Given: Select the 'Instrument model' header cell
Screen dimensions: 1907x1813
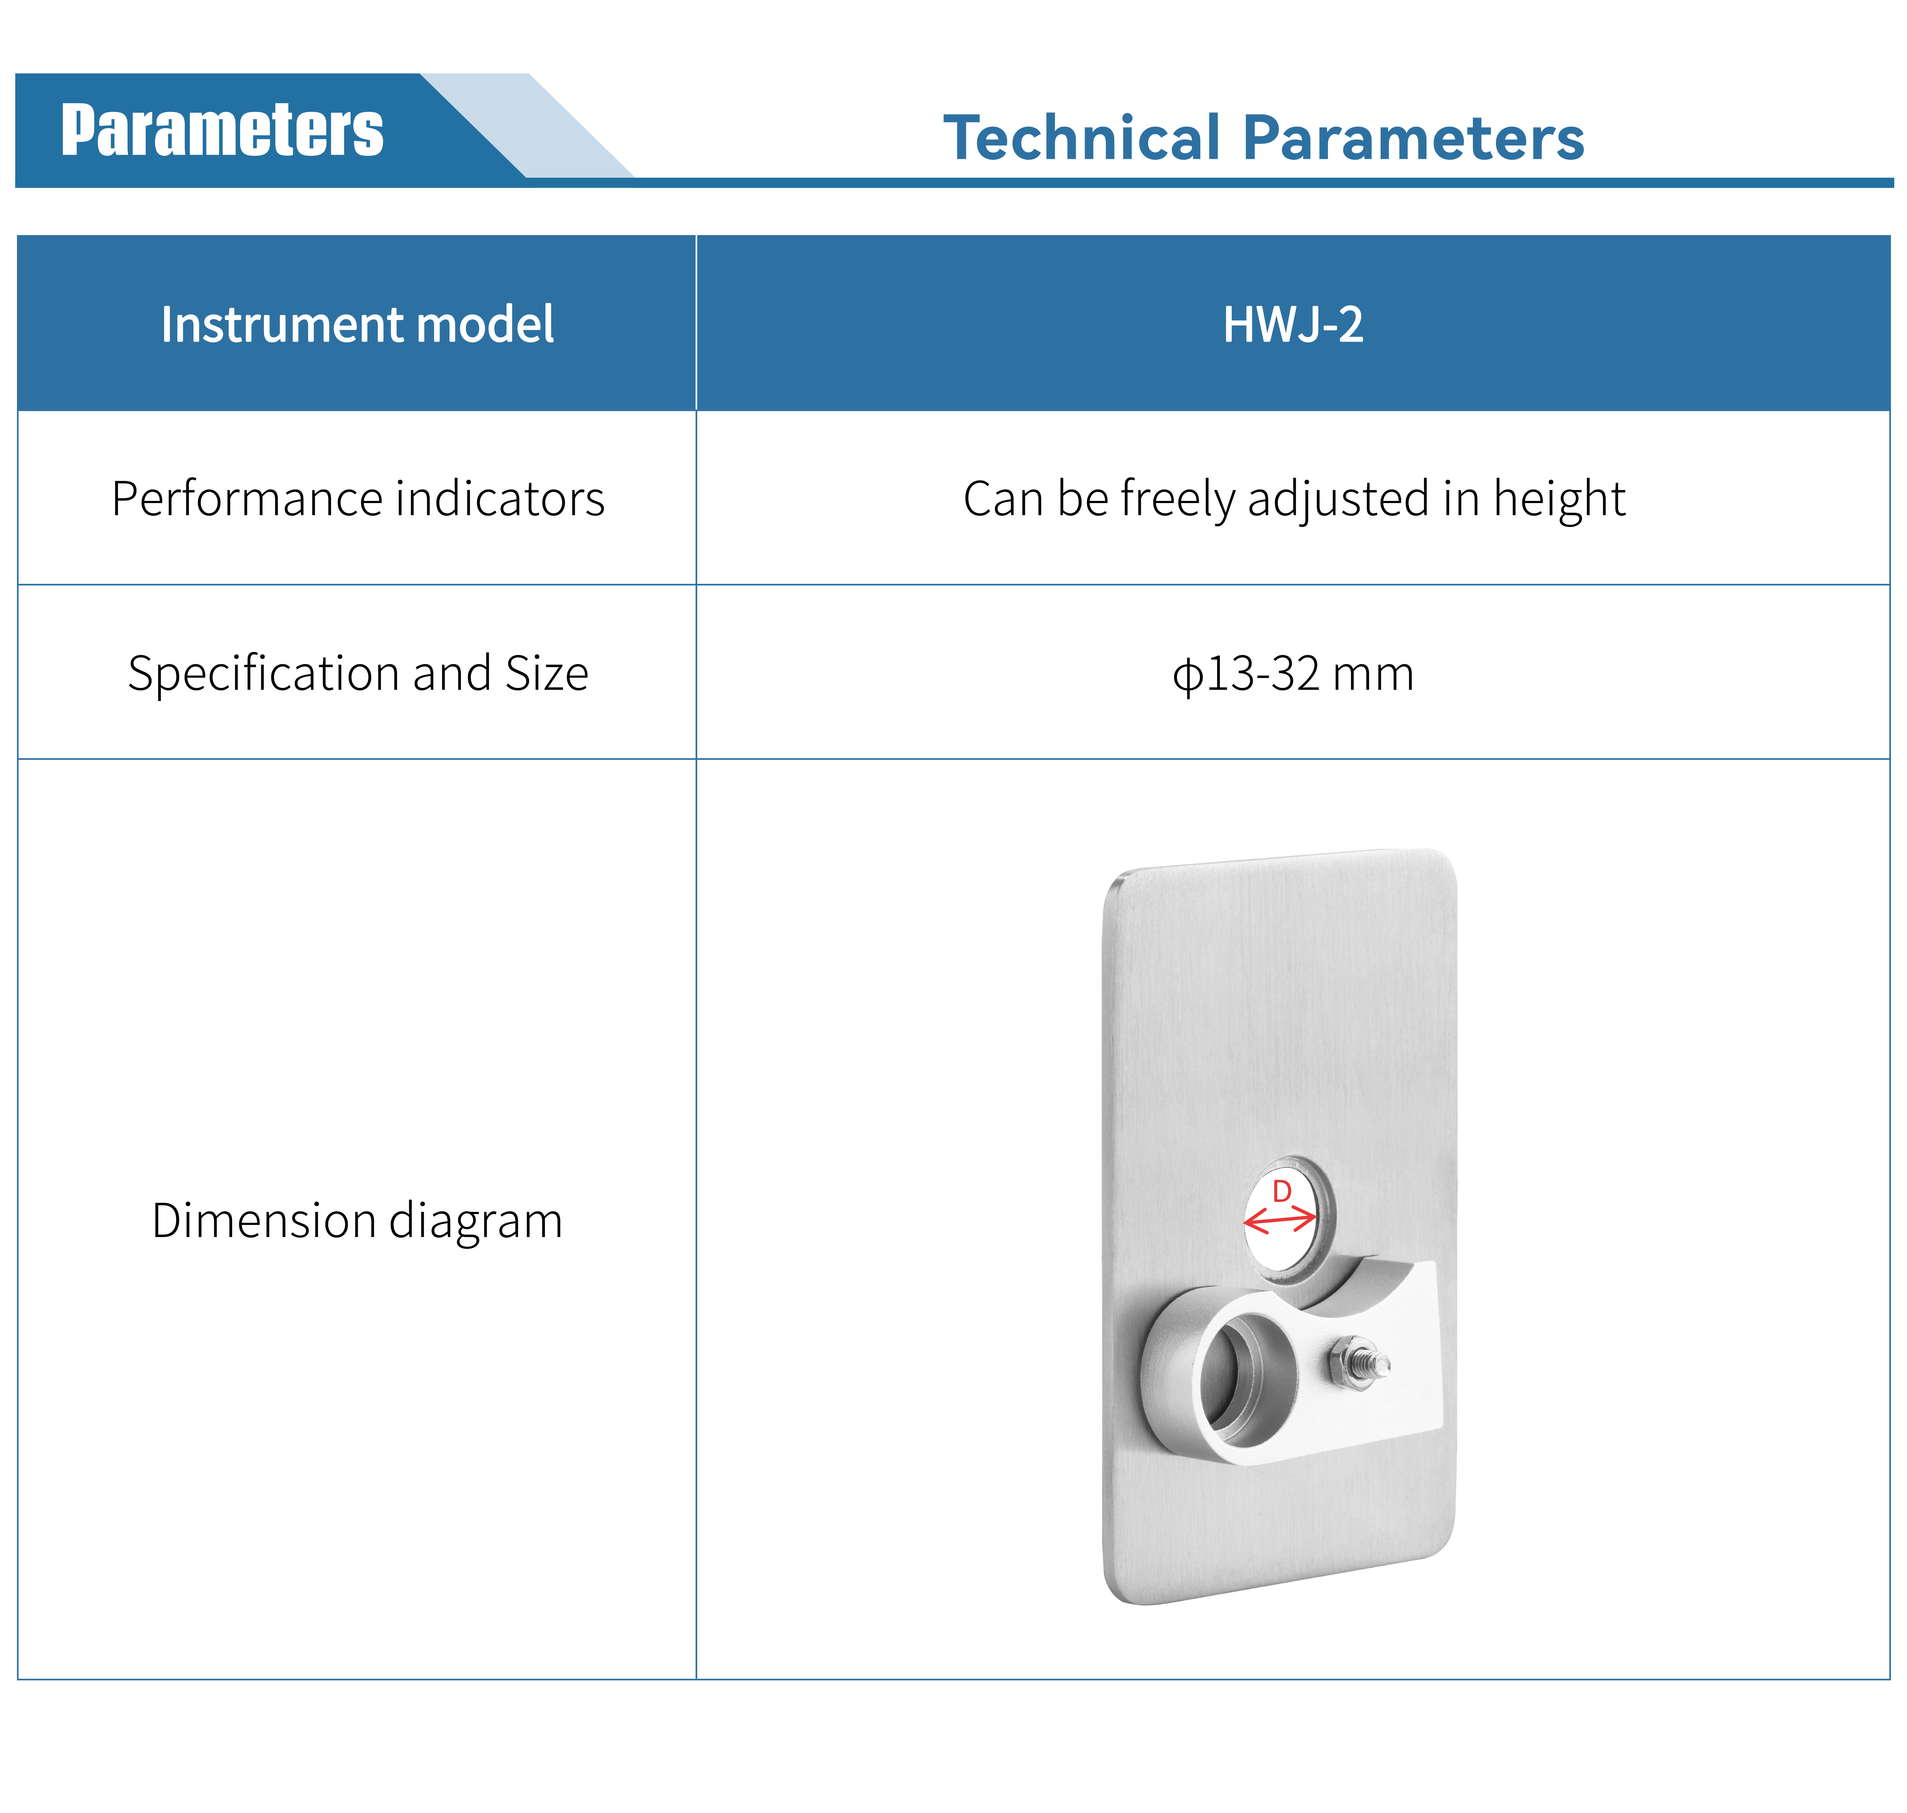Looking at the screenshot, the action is (x=357, y=324).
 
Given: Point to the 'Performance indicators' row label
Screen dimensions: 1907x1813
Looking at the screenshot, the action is (x=357, y=499).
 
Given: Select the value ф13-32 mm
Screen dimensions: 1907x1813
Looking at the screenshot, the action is (x=1293, y=673).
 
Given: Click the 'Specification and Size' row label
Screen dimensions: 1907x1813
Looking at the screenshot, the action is (x=357, y=673).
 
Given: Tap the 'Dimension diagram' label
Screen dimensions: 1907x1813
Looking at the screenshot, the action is (x=357, y=1221).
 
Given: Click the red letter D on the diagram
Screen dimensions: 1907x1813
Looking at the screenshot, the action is (x=1282, y=1192).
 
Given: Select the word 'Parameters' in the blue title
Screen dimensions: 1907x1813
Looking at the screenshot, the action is (x=1413, y=137).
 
